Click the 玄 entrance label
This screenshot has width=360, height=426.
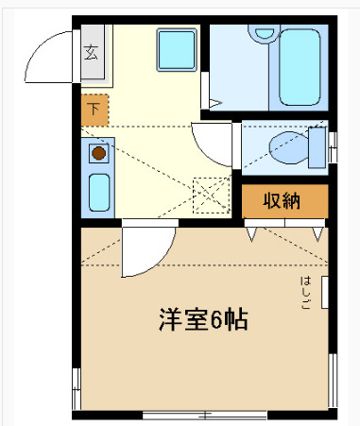click(92, 52)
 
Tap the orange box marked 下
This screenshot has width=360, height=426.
click(94, 110)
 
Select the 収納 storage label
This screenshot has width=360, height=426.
click(283, 201)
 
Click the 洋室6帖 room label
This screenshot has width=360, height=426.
click(202, 319)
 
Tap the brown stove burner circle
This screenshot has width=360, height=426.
click(97, 151)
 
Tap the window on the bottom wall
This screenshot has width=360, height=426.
click(203, 413)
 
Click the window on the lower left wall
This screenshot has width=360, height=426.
click(75, 383)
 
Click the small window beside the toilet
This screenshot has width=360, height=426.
click(334, 142)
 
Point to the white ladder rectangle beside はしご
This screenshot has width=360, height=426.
click(326, 293)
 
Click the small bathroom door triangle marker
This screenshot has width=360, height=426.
click(216, 103)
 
